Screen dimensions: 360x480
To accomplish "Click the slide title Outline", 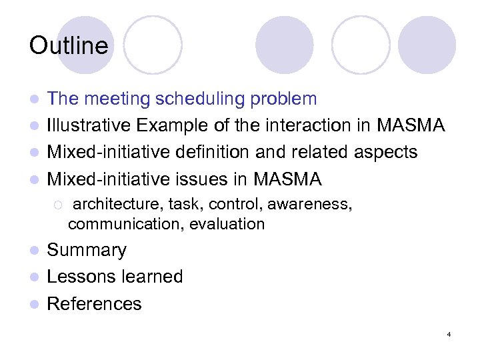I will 68,46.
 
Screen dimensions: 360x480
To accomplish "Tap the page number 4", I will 449,333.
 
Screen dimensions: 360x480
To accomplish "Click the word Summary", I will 87,251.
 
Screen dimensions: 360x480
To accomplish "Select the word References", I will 95,304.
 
